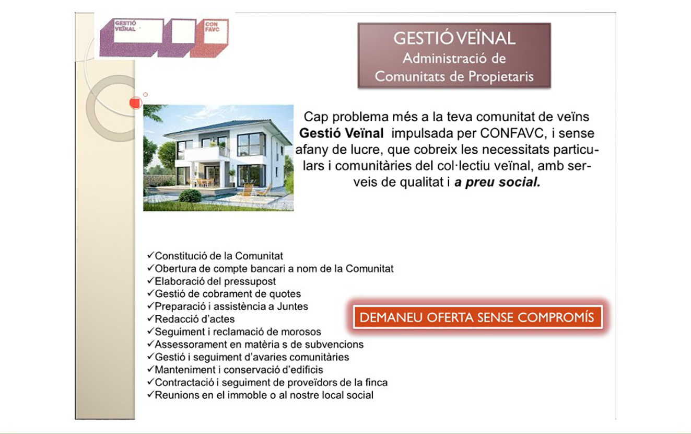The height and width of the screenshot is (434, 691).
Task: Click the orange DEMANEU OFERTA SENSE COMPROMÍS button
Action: [x=477, y=317]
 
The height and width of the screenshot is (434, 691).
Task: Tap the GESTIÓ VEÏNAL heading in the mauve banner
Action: [x=454, y=38]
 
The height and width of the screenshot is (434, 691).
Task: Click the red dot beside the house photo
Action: [x=135, y=102]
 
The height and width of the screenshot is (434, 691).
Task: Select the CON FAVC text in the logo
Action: [x=212, y=27]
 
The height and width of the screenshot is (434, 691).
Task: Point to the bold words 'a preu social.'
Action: [x=497, y=182]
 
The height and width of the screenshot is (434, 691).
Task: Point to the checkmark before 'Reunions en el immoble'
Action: [x=150, y=394]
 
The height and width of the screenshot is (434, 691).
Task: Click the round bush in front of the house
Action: [x=190, y=196]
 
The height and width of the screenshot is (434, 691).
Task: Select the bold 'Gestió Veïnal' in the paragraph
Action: [x=342, y=133]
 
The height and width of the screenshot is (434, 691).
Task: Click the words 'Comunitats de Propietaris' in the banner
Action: [x=454, y=76]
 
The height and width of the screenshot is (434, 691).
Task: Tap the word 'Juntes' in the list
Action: [x=292, y=306]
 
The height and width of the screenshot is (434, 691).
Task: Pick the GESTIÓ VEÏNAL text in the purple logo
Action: [x=125, y=26]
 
